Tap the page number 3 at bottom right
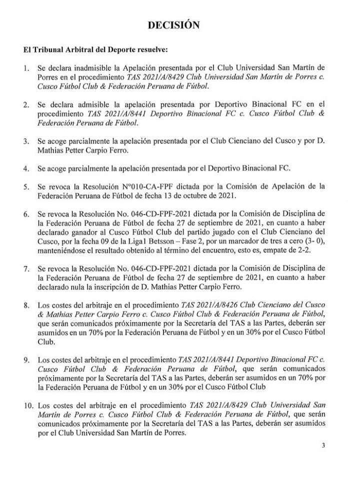pyautogui.click(x=323, y=447)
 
